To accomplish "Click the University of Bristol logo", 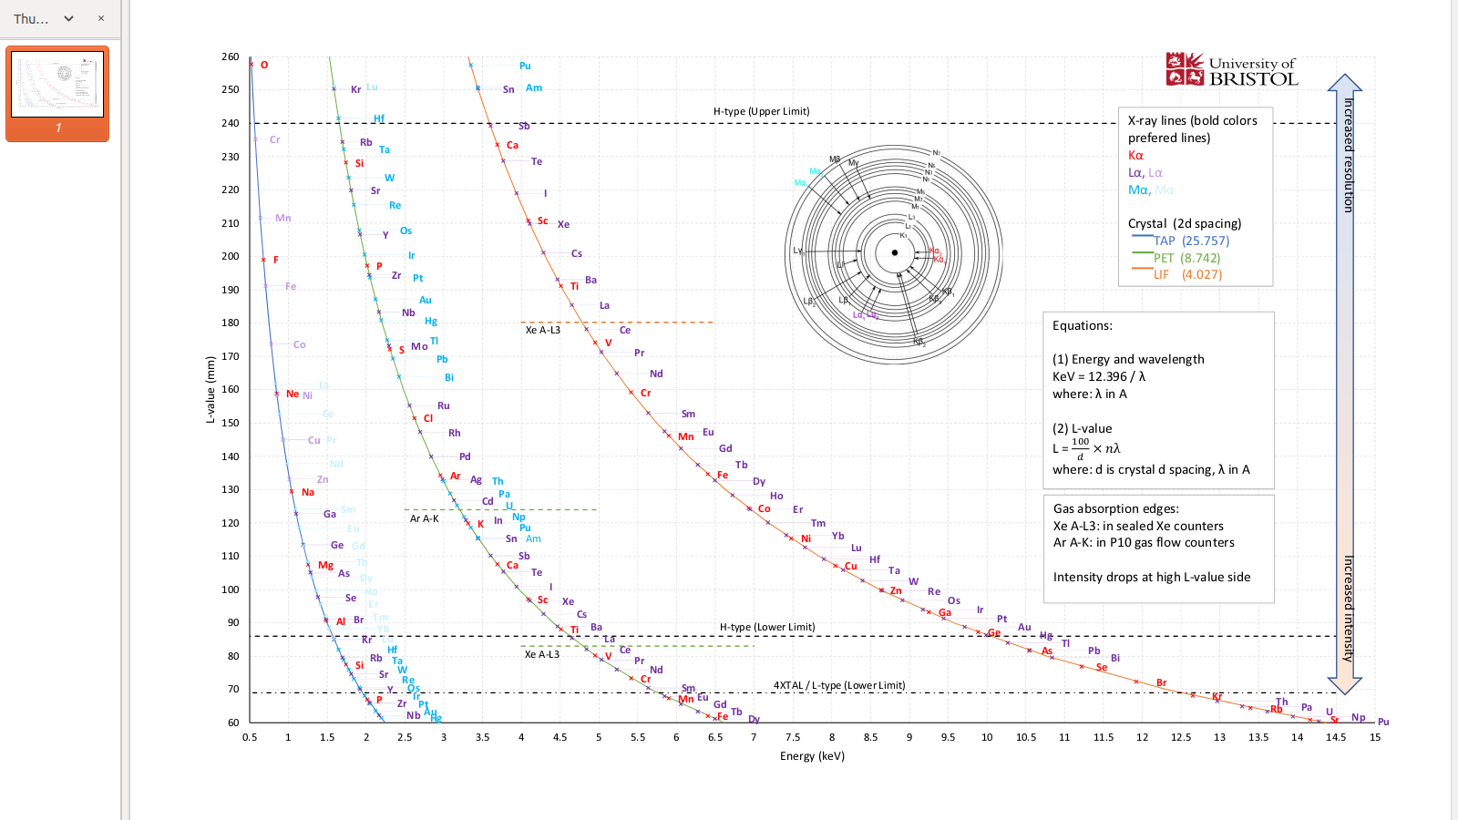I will point(1231,70).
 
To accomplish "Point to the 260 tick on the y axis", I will point(230,56).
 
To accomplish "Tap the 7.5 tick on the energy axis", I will point(793,737).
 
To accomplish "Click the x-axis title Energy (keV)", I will point(812,756).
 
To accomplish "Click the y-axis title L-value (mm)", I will point(210,390).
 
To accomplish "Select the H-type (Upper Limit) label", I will point(761,111).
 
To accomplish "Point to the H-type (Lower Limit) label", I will point(767,627).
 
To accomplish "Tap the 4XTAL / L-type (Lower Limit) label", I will point(839,685).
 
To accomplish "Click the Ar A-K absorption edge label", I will point(424,518).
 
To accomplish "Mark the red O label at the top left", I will point(264,65).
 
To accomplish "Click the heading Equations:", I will point(1082,325).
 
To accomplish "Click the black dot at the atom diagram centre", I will point(895,253).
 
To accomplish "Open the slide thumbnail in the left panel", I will point(57,85).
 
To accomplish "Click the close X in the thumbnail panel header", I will point(101,18).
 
